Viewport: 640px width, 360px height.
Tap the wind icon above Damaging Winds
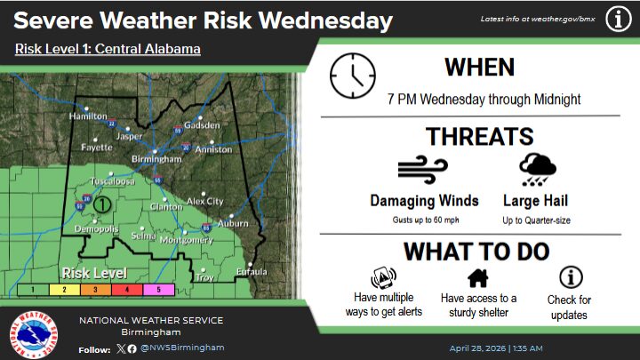tap(422, 170)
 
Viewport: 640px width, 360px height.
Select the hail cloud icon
tap(538, 170)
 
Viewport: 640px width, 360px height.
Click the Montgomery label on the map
tap(187, 240)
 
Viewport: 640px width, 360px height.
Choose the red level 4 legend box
tap(126, 289)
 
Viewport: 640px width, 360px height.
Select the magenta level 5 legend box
tap(160, 289)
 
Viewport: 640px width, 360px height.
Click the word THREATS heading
tap(479, 136)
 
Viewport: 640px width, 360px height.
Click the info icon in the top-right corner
tap(618, 18)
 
